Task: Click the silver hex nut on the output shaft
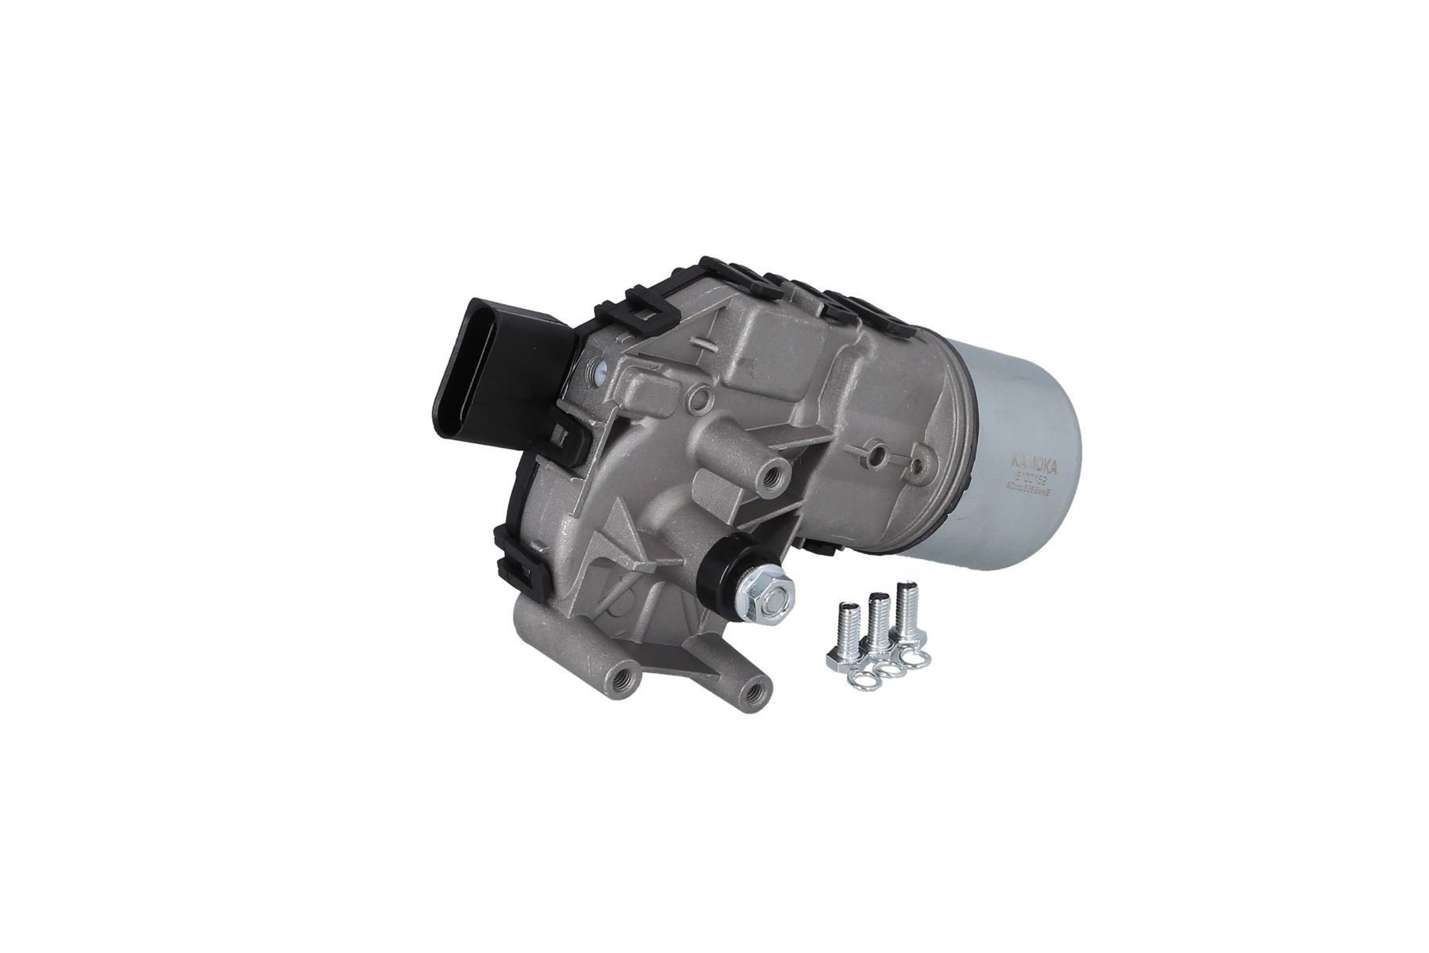(761, 592)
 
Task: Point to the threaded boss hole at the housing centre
(770, 478)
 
